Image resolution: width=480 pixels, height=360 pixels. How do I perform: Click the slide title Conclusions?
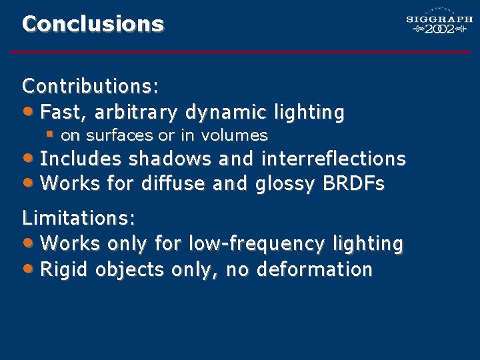[93, 24]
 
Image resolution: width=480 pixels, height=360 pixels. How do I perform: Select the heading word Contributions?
[90, 86]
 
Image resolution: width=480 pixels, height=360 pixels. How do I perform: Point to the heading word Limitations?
[79, 218]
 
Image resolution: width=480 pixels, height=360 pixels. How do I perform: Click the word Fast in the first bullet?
[61, 111]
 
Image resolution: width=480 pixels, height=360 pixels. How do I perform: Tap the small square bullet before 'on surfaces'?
[49, 134]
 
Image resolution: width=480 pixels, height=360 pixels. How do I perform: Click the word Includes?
[81, 159]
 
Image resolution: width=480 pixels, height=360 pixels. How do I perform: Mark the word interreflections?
[333, 159]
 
